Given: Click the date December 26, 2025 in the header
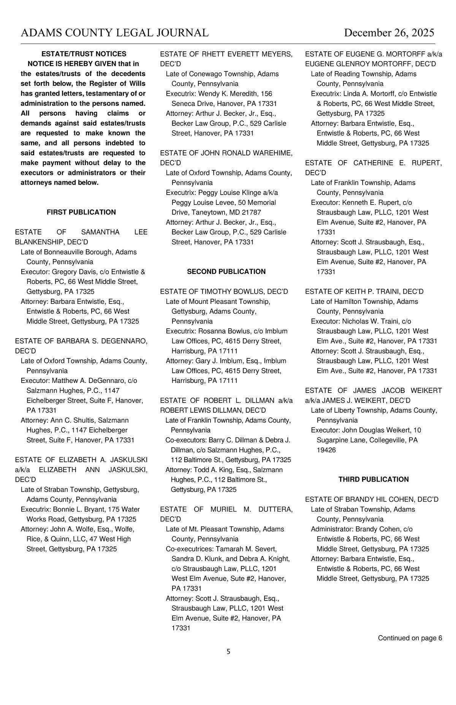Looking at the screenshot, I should (x=389, y=33).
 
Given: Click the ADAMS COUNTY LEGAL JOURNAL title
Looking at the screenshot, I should (x=114, y=33).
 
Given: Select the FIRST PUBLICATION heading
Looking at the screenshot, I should (x=81, y=212).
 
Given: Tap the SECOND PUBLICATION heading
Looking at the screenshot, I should (x=226, y=271).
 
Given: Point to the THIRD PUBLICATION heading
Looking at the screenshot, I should (x=374, y=479).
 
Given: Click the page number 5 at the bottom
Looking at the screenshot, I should (x=228, y=652).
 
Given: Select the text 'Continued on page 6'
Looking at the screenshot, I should (x=410, y=638).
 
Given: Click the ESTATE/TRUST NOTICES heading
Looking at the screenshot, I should (x=84, y=54).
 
